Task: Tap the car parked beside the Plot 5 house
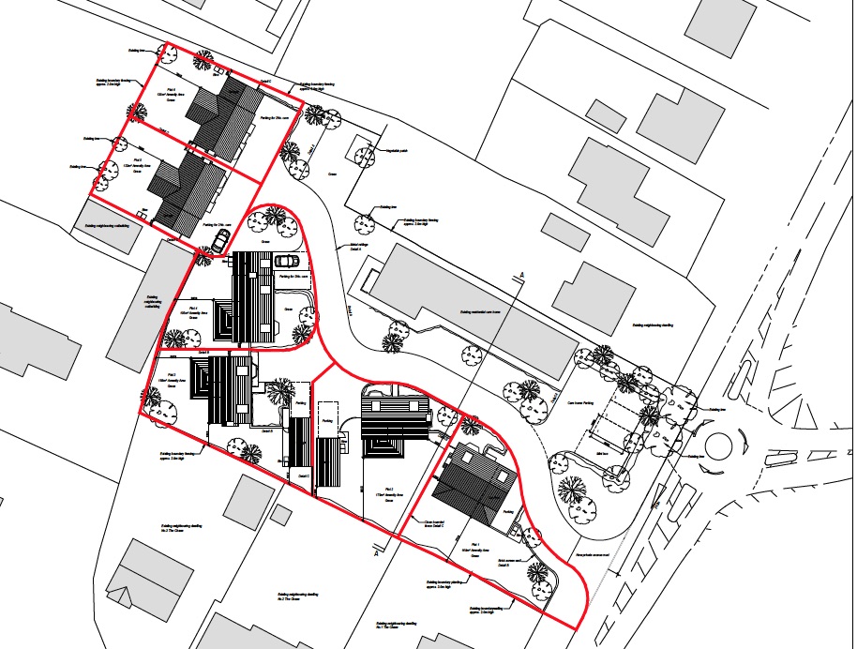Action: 220,241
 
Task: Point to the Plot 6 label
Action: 172,91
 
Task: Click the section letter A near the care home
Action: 519,275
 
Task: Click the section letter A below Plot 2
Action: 376,553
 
